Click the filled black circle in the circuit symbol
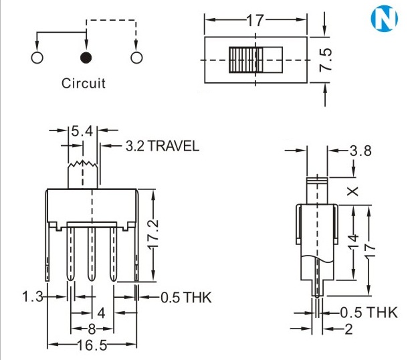(86, 58)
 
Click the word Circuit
(84, 84)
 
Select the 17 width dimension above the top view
(255, 21)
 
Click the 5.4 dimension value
(82, 131)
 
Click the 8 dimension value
(92, 329)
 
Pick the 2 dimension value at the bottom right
(349, 329)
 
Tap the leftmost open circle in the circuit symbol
(37, 58)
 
